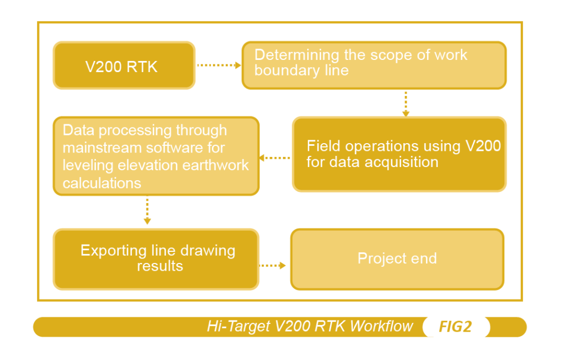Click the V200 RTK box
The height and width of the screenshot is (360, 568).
(x=124, y=65)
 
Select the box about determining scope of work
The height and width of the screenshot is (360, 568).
(x=374, y=65)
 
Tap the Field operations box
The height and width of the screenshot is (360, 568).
(x=399, y=154)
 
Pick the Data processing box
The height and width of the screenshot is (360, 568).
(x=156, y=156)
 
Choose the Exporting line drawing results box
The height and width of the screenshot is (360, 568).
(x=156, y=259)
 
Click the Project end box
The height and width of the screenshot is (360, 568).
(x=397, y=259)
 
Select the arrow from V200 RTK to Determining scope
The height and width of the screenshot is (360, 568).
(x=219, y=65)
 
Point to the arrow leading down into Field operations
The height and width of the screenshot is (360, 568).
(x=405, y=104)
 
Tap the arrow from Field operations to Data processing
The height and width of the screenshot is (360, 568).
(x=275, y=158)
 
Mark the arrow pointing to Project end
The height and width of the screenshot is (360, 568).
(x=273, y=266)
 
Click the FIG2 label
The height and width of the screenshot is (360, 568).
(x=455, y=327)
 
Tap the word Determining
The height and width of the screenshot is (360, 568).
(x=297, y=55)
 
